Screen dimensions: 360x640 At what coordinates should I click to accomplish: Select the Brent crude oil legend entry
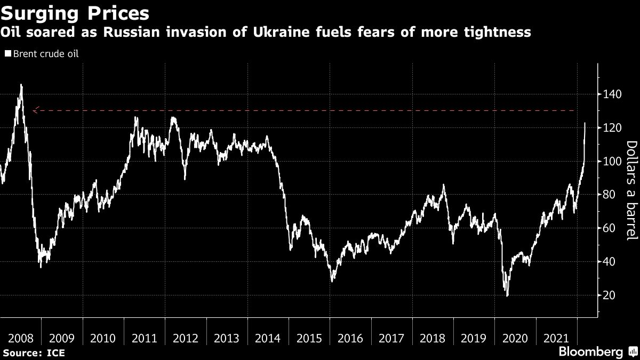45,54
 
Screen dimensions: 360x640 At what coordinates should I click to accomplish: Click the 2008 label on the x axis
21,338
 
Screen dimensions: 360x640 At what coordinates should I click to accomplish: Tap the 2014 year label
268,338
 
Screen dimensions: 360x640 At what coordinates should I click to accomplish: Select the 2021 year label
556,338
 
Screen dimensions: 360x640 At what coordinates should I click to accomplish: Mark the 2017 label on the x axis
391,338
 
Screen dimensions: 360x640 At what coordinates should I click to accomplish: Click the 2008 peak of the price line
21,85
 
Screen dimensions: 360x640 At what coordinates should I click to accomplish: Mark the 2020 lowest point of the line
507,295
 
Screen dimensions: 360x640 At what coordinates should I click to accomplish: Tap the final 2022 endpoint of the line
585,123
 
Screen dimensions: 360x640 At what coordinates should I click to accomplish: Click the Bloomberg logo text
590,351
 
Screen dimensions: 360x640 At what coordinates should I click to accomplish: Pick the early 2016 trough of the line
332,281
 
